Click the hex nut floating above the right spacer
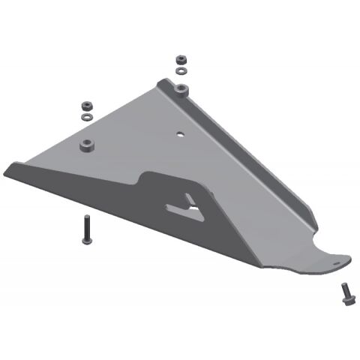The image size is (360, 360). pos(180,59)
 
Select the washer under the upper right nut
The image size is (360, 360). pos(180,70)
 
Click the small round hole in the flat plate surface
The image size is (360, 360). pos(180,136)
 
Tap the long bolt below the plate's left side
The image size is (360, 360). pos(86,228)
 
